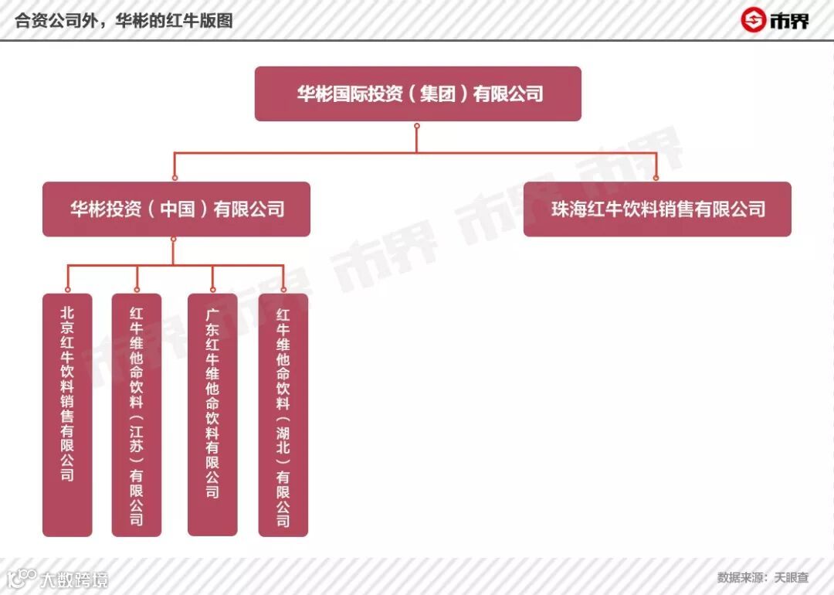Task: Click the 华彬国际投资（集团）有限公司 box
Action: coord(418,93)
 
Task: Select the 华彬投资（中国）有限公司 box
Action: coord(176,209)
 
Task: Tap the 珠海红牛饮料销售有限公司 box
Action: coord(657,209)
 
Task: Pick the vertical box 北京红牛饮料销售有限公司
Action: coord(67,414)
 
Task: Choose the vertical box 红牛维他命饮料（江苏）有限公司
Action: coord(137,414)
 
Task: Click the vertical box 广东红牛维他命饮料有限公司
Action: coord(212,414)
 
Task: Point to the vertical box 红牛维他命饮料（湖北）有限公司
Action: coord(283,414)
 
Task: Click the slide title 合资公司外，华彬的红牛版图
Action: coord(124,20)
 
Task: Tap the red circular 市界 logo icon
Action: coord(752,20)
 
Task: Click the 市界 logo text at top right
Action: coord(788,21)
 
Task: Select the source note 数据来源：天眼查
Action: coord(762,577)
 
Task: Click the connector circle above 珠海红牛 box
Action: coord(657,178)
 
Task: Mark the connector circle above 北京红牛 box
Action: coord(67,290)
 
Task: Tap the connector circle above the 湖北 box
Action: coord(283,290)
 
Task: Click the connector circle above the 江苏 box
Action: coord(137,290)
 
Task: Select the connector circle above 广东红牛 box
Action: coord(212,290)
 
